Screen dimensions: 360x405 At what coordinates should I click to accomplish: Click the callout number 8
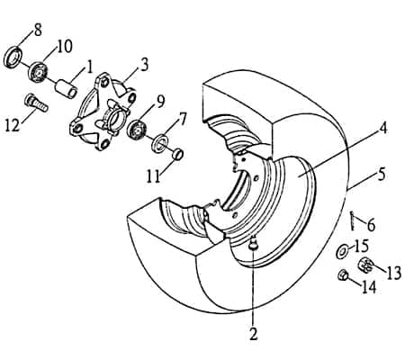click(x=37, y=31)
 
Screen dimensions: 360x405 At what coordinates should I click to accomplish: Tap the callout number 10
click(x=65, y=46)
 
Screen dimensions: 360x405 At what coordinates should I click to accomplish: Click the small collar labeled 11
click(x=178, y=150)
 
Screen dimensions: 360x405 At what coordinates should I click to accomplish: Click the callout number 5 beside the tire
click(x=382, y=174)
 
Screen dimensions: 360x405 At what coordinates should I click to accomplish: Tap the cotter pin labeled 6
click(x=355, y=220)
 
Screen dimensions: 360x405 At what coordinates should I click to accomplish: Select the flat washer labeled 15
click(x=345, y=249)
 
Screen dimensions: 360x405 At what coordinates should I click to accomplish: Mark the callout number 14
click(x=368, y=288)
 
